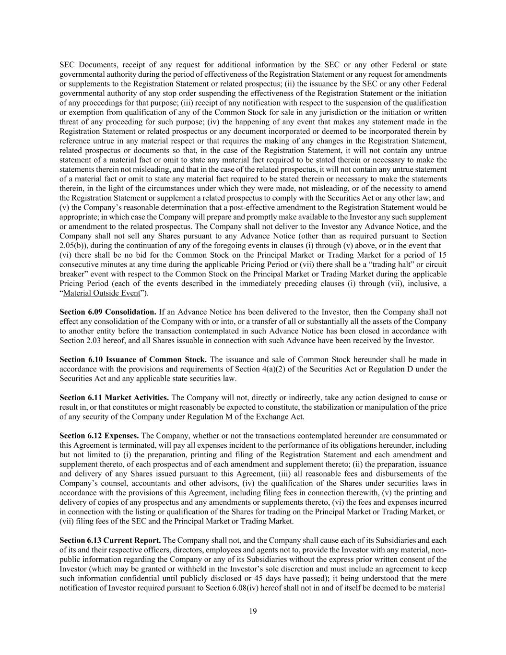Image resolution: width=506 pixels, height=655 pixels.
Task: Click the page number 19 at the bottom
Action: point(253,611)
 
